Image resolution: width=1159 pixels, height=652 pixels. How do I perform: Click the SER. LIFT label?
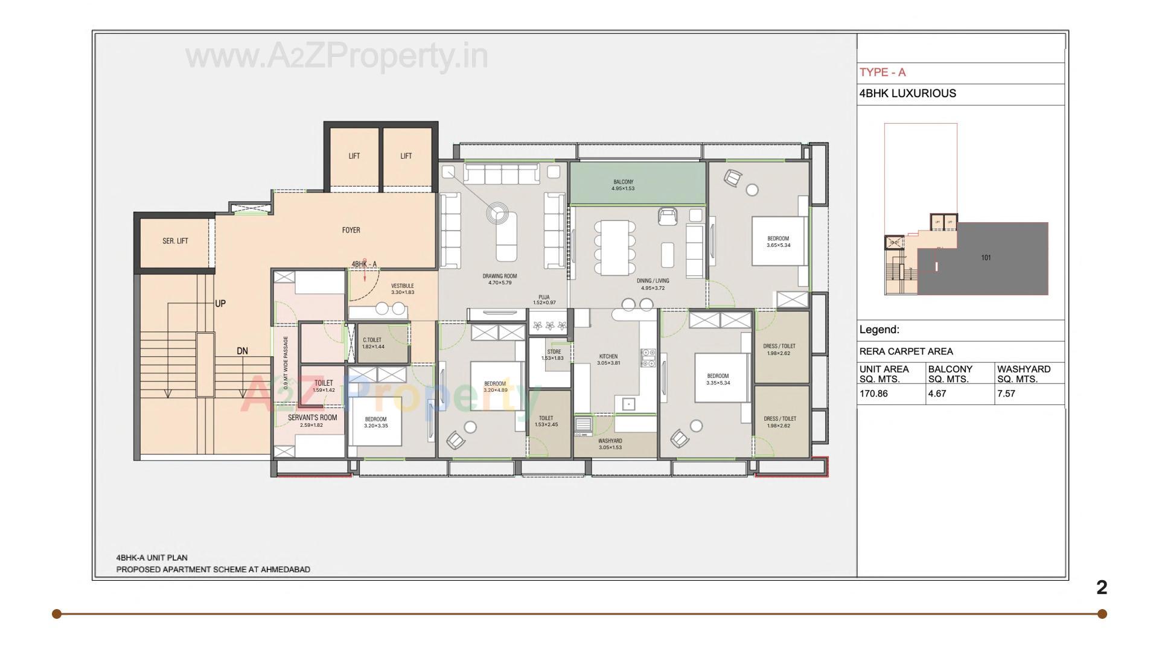click(175, 241)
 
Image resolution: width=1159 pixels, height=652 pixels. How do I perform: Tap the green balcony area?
click(637, 184)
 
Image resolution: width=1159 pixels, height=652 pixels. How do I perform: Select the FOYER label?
click(351, 230)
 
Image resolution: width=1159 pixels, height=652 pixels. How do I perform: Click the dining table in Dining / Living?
click(615, 246)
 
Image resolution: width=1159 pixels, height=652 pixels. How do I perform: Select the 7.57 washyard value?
click(1006, 394)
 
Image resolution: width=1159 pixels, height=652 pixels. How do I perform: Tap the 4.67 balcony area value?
click(937, 394)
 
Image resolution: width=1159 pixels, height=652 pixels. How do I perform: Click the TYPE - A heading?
click(883, 72)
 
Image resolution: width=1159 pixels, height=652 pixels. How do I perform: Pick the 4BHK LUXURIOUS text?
click(907, 94)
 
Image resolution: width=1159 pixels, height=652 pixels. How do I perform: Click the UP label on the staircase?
click(220, 304)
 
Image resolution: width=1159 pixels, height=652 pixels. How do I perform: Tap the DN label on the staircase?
click(242, 351)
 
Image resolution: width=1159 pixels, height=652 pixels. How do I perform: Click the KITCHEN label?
click(608, 356)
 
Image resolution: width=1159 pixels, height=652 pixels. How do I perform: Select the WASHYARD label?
click(610, 441)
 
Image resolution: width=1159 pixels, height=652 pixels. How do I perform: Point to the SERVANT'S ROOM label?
click(312, 418)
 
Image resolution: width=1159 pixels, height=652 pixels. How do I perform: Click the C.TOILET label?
click(372, 340)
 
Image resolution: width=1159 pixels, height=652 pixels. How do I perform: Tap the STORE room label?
click(554, 351)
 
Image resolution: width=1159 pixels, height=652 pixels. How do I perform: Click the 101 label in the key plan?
click(986, 258)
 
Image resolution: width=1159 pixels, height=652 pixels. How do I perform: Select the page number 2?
click(1102, 587)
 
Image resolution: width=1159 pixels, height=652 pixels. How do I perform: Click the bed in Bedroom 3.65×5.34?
click(777, 241)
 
